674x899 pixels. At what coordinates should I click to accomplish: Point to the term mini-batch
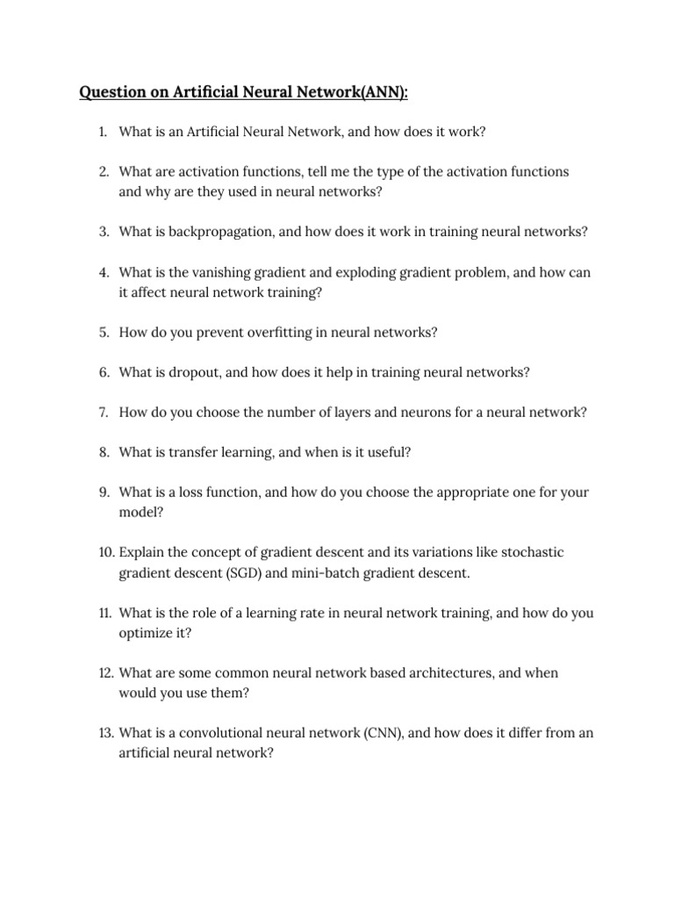pos(326,573)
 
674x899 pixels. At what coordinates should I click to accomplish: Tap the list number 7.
pos(103,412)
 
